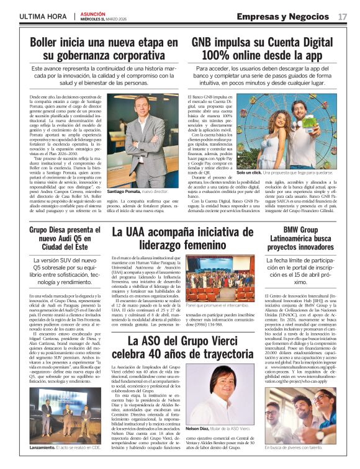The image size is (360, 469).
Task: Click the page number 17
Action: pos(343,16)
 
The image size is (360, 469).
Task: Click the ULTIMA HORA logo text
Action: pos(42,16)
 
